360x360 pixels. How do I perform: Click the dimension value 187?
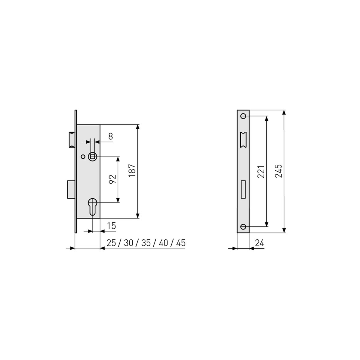click(x=133, y=171)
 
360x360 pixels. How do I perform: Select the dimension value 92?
click(x=112, y=179)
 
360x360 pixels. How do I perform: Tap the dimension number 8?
click(x=110, y=136)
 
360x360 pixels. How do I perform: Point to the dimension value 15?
click(x=111, y=226)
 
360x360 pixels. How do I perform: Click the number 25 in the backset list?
click(x=111, y=243)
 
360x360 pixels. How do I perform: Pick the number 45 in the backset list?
click(x=181, y=243)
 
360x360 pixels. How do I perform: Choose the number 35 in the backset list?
click(x=146, y=243)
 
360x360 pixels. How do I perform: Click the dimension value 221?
click(x=261, y=171)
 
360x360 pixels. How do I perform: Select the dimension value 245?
click(x=278, y=171)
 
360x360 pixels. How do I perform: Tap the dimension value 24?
click(x=259, y=243)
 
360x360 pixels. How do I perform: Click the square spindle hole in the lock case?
click(x=92, y=156)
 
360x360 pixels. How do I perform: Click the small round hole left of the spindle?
click(x=83, y=157)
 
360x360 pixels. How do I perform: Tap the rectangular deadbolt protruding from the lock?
click(x=71, y=189)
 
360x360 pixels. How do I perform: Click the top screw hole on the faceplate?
click(x=243, y=116)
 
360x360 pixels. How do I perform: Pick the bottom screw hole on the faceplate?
click(x=243, y=226)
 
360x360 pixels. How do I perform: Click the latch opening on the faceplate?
click(x=243, y=139)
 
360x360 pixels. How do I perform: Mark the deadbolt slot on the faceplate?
click(x=243, y=190)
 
